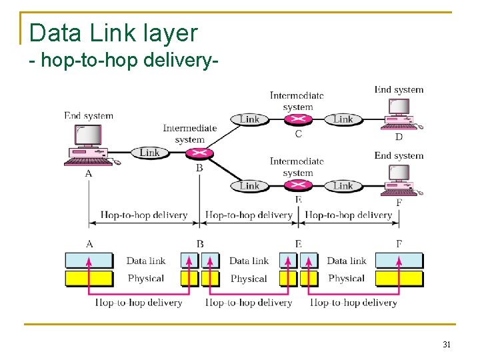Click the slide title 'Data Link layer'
pyautogui.click(x=113, y=33)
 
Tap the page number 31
pyautogui.click(x=446, y=344)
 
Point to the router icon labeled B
pyautogui.click(x=199, y=153)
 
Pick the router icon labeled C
pyautogui.click(x=297, y=119)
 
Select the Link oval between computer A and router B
pyautogui.click(x=149, y=153)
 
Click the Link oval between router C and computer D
pyautogui.click(x=343, y=119)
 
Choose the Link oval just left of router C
pyautogui.click(x=249, y=119)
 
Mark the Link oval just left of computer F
pyautogui.click(x=343, y=186)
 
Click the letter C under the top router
pyautogui.click(x=298, y=134)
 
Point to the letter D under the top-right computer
pyautogui.click(x=399, y=137)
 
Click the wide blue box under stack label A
pyautogui.click(x=89, y=260)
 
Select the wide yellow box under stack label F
pyautogui.click(x=399, y=278)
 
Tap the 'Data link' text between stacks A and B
pyautogui.click(x=145, y=261)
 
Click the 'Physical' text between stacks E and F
pyautogui.click(x=347, y=278)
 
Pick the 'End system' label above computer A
pyautogui.click(x=89, y=116)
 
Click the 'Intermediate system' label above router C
pyautogui.click(x=297, y=101)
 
